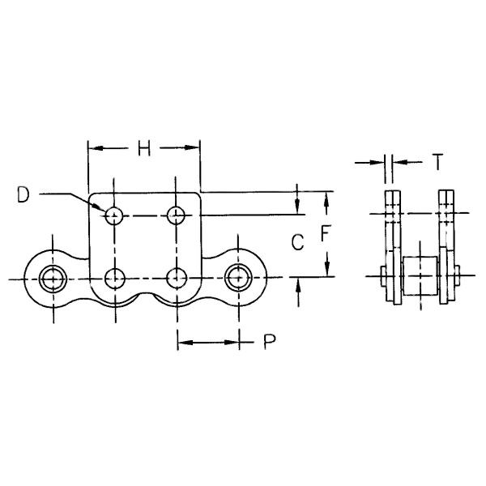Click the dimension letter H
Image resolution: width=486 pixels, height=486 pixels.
[x=144, y=148]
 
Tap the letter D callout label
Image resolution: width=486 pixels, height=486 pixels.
[x=23, y=194]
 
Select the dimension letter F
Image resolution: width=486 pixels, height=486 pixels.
[x=326, y=233]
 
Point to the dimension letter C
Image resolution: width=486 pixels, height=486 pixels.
[x=297, y=242]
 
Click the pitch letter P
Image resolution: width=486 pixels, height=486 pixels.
[x=270, y=342]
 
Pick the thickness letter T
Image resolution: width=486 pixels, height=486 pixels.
[x=437, y=162]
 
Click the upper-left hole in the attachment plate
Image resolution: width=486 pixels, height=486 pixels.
[x=114, y=215]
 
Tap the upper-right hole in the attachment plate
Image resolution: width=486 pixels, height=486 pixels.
[x=176, y=215]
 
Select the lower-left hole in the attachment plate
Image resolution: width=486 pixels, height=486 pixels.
[x=115, y=279]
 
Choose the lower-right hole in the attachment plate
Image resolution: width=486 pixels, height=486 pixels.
[x=177, y=279]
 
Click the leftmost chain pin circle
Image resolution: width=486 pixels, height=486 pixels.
[x=53, y=279]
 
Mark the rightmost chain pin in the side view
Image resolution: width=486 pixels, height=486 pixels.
[x=238, y=278]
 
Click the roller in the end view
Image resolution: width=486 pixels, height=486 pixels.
[x=420, y=275]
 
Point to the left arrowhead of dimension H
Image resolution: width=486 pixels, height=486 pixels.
[x=96, y=148]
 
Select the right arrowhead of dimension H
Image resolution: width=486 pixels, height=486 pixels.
[x=191, y=148]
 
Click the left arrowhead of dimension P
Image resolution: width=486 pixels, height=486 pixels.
[x=185, y=342]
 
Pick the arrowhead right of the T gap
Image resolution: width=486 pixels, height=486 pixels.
[x=399, y=162]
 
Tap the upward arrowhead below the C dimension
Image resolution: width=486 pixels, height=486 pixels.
[x=298, y=285]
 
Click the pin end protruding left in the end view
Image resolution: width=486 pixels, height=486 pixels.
[x=383, y=275]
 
